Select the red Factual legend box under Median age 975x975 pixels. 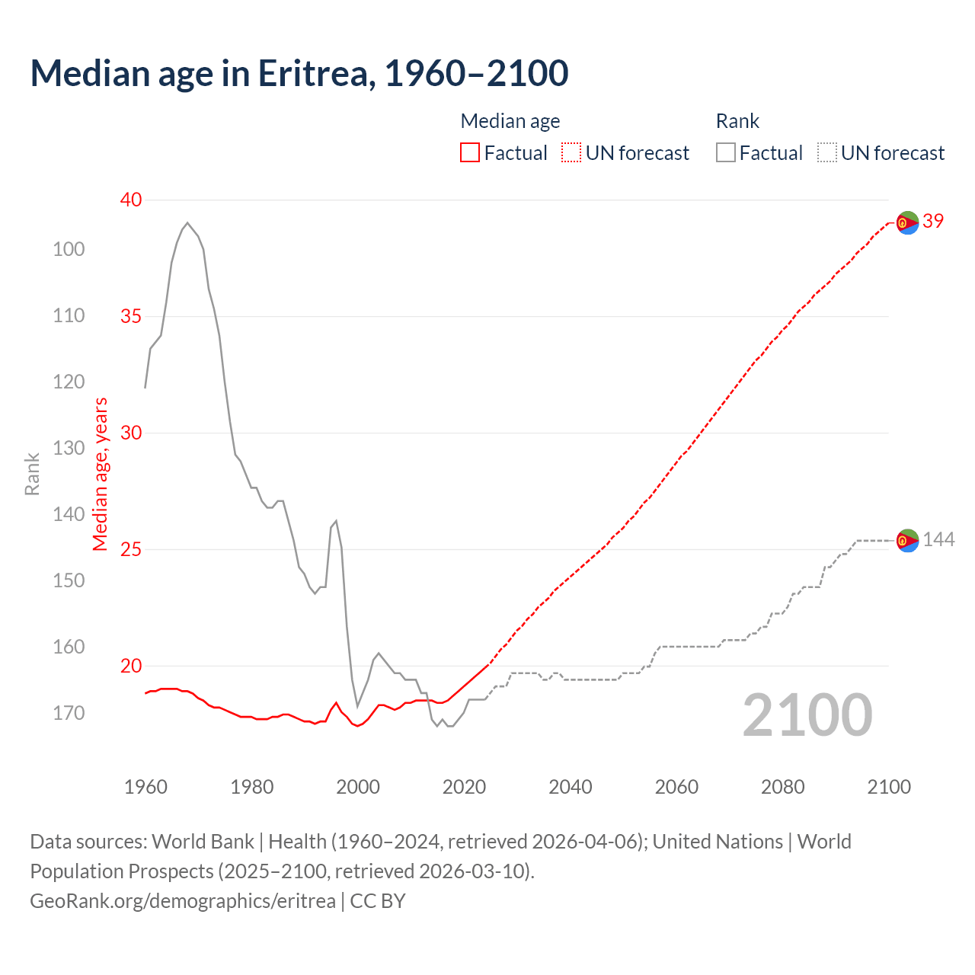(x=470, y=153)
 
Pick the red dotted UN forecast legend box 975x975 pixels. (x=571, y=153)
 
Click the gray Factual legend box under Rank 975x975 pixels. (x=726, y=153)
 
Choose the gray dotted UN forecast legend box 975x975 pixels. (x=827, y=153)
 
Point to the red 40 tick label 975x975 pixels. (x=131, y=200)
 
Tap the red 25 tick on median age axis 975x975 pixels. (x=131, y=549)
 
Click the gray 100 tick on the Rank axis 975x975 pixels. (x=69, y=249)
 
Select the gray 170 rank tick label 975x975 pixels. (x=69, y=714)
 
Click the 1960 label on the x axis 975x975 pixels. (x=145, y=787)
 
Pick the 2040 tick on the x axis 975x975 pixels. (x=571, y=787)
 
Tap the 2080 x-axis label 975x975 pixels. (x=783, y=787)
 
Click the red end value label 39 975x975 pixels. (x=933, y=222)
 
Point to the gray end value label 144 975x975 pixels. (x=938, y=540)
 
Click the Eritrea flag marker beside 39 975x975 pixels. (x=907, y=222)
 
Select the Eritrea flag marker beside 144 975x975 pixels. (x=907, y=541)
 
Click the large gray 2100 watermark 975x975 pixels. (x=807, y=715)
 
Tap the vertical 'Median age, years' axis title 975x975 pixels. (x=101, y=474)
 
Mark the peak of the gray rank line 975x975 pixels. (x=187, y=222)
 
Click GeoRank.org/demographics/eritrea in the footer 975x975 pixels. (x=183, y=901)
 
